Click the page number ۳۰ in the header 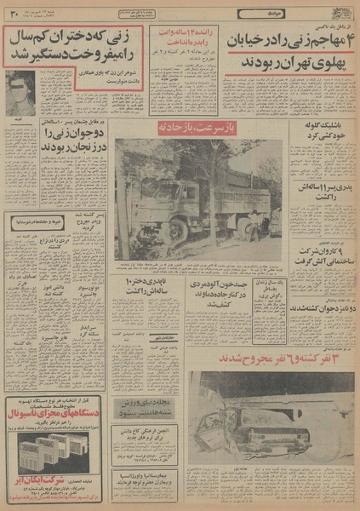click(12, 12)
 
